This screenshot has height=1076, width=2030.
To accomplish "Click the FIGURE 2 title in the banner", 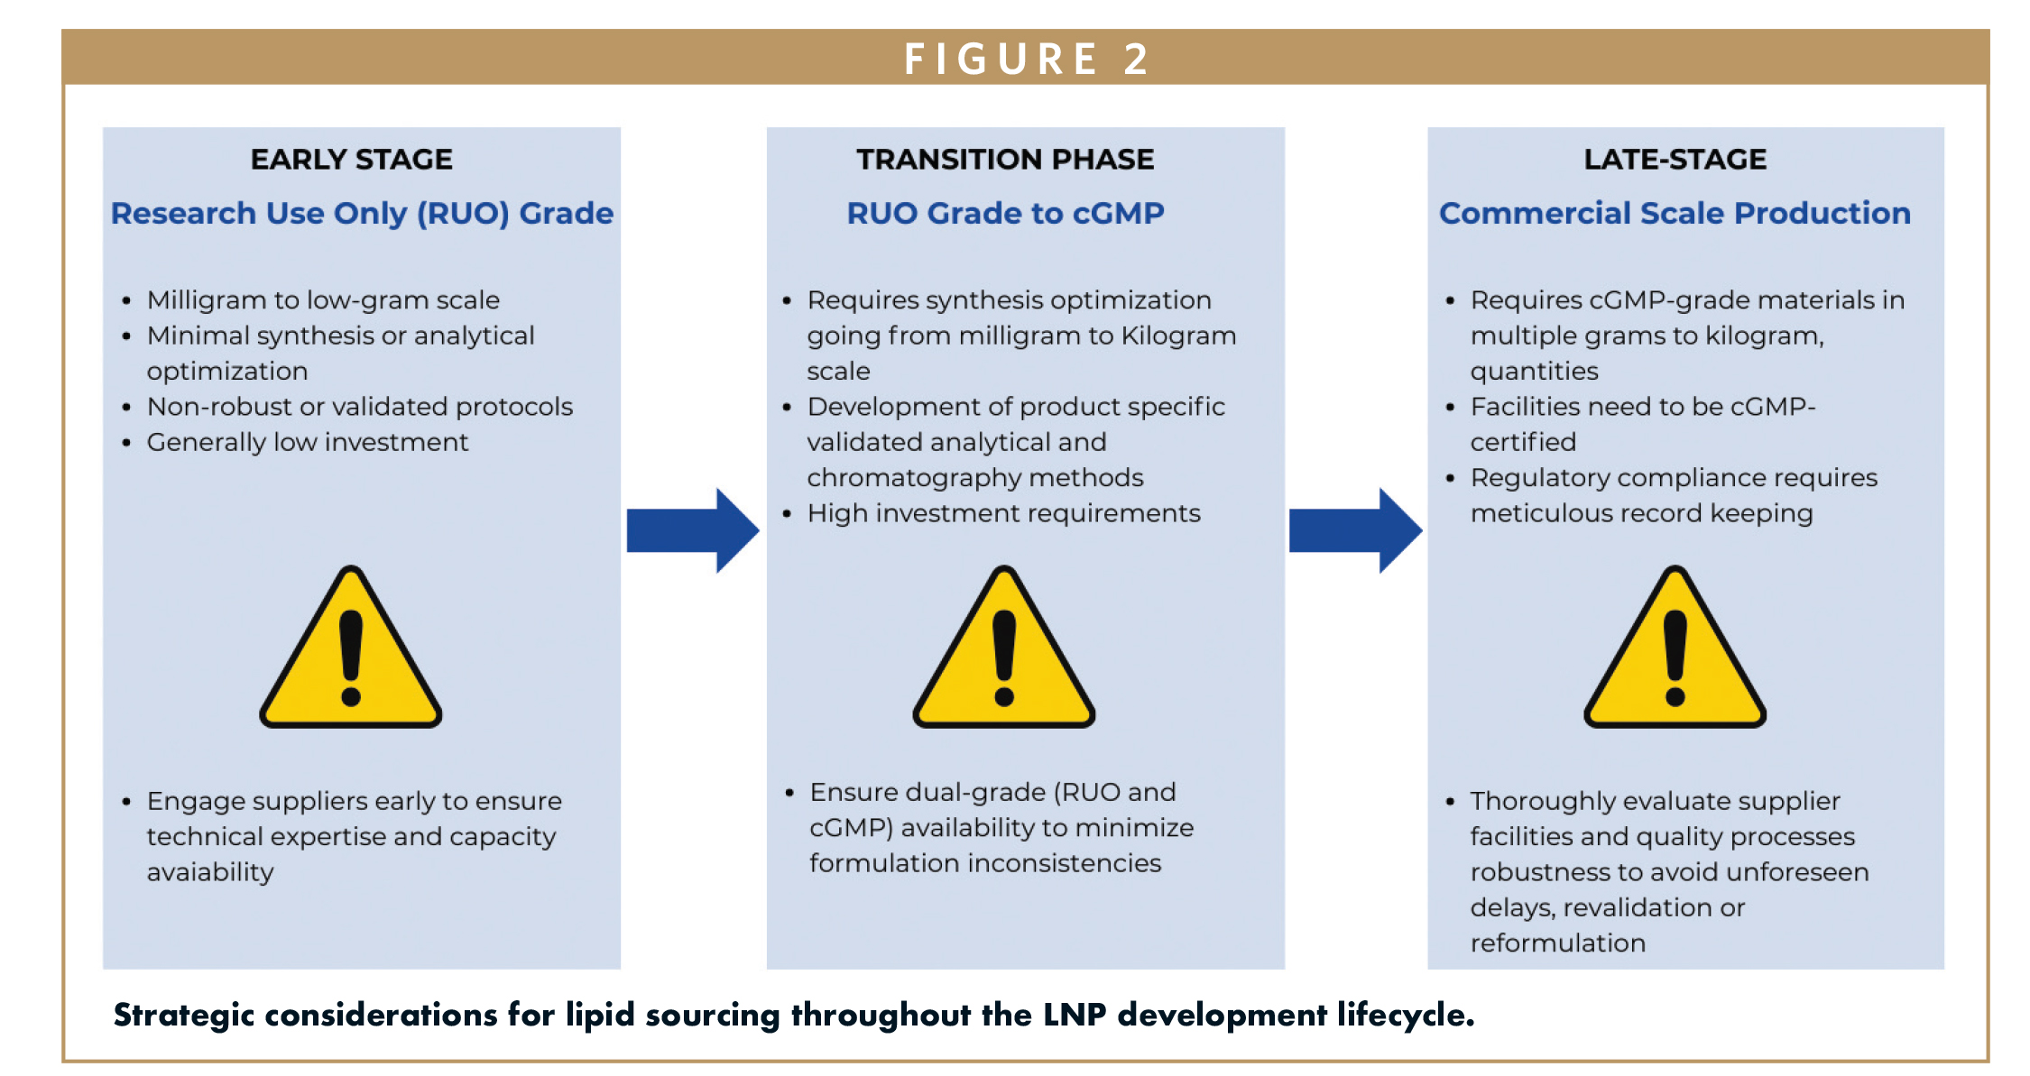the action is coord(1027,60).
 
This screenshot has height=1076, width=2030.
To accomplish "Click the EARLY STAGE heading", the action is coord(352,160).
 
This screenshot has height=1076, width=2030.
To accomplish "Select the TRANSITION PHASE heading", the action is coord(1005,160).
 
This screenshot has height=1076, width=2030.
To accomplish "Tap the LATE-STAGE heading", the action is coord(1675,160).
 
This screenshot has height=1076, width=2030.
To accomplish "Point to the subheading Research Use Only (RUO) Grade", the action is coord(362,214).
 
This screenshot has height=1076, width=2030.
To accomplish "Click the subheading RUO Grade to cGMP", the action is coord(1005,214).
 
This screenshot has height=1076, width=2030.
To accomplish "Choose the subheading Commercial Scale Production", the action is coord(1675,214).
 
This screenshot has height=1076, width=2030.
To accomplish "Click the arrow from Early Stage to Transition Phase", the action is coord(693,530).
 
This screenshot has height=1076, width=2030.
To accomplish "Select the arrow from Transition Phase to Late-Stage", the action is coord(1355,530).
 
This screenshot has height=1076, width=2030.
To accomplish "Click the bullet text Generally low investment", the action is coord(308,443).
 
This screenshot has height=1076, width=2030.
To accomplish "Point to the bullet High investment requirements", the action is coord(1004,513).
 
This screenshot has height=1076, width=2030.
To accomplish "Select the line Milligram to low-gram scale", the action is coord(323,300).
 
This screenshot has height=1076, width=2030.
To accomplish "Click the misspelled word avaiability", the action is coord(210,872).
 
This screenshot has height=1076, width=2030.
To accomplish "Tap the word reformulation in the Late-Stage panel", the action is coord(1558,943).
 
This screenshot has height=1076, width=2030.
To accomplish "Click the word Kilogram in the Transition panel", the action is coord(1178,336).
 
